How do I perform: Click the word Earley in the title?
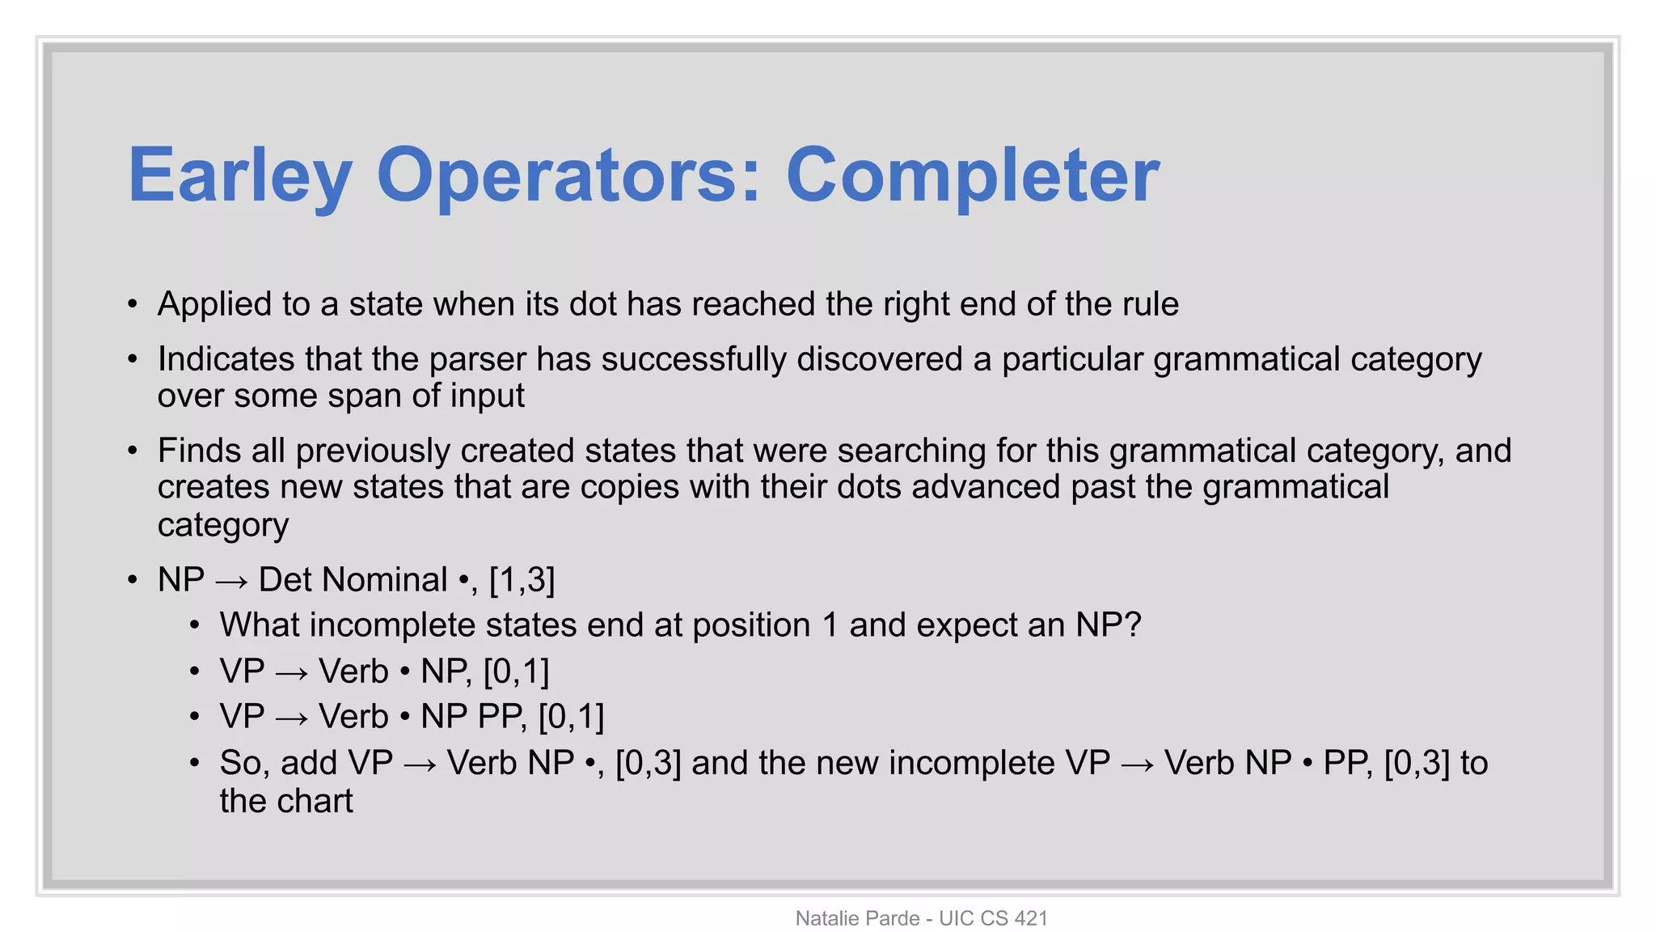coord(240,176)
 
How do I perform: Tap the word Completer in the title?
coord(973,176)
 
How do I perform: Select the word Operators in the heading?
coord(568,176)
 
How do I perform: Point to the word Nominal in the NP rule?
coord(353,580)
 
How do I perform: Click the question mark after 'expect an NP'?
coord(1132,625)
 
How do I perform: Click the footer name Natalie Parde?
coord(857,918)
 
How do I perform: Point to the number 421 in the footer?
coord(1030,918)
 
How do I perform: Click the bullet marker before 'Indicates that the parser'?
coord(133,359)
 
